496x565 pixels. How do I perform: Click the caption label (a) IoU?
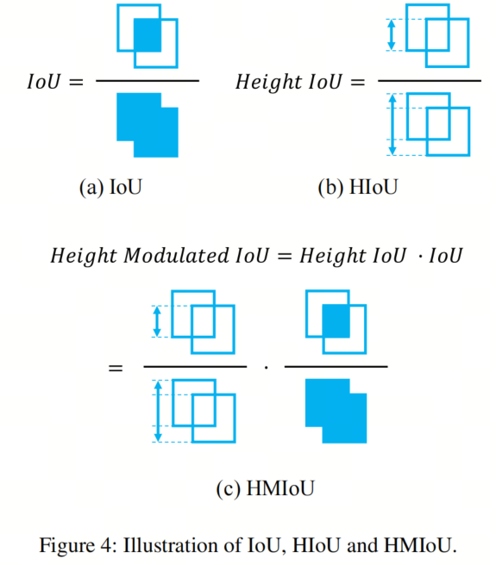pos(110,188)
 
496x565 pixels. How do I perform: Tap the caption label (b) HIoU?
pos(358,188)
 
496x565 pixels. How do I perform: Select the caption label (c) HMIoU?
pos(266,488)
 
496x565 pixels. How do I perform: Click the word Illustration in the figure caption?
pos(172,545)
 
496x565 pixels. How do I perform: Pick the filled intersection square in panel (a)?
pos(148,35)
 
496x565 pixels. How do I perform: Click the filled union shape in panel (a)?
pos(148,125)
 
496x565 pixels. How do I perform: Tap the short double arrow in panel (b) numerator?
pos(392,35)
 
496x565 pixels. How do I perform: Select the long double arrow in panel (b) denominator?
pos(392,124)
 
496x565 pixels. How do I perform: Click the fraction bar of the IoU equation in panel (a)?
pos(148,81)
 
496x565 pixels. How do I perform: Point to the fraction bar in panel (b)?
pos(430,81)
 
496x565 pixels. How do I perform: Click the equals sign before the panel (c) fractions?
pos(116,368)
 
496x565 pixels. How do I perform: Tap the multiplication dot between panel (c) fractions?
pos(266,368)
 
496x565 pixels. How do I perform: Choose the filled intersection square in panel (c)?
pos(336,321)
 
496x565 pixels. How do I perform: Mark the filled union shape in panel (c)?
pos(336,411)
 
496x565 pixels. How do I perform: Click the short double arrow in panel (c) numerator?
pos(157,321)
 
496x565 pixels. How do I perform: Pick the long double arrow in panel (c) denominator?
pos(158,411)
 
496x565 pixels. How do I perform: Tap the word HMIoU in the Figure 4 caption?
pos(418,545)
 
